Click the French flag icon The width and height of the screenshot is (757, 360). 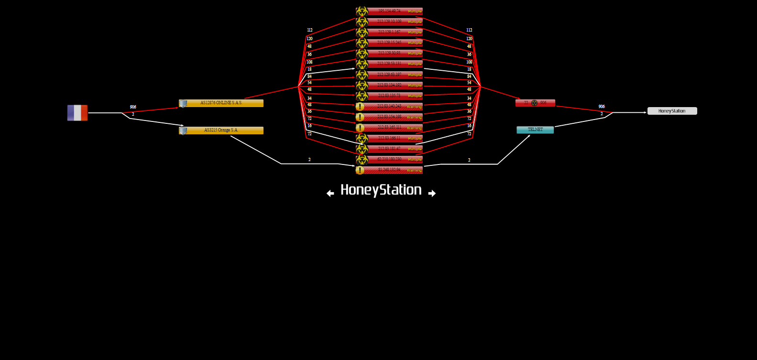coord(77,113)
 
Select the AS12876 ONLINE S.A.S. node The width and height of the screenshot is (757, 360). coord(221,103)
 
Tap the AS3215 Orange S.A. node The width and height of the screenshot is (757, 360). coord(221,130)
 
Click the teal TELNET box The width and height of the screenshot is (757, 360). coord(535,130)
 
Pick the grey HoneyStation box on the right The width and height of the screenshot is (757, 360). coord(672,111)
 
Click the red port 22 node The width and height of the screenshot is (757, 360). coord(535,103)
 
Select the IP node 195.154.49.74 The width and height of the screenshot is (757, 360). coord(389,11)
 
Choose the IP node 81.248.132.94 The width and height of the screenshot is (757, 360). coord(389,170)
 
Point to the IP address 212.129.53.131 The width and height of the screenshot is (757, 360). coord(389,64)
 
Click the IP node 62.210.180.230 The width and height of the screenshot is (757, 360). coord(389,159)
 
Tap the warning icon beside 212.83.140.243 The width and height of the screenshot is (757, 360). coord(360,107)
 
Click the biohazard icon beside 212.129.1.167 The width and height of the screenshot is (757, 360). coord(362,32)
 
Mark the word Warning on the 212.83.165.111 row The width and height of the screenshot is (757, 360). coord(414,128)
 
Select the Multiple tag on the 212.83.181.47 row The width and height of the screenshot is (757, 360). coord(415,149)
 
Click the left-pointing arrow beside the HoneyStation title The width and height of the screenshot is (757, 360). coord(330,193)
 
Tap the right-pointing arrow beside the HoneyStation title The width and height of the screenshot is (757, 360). coord(432,193)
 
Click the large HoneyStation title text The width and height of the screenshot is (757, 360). coord(381,190)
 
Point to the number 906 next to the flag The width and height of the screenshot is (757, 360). coord(133,107)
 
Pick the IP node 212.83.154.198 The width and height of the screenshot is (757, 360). coord(389,117)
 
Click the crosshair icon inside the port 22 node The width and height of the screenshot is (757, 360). coord(534,103)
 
